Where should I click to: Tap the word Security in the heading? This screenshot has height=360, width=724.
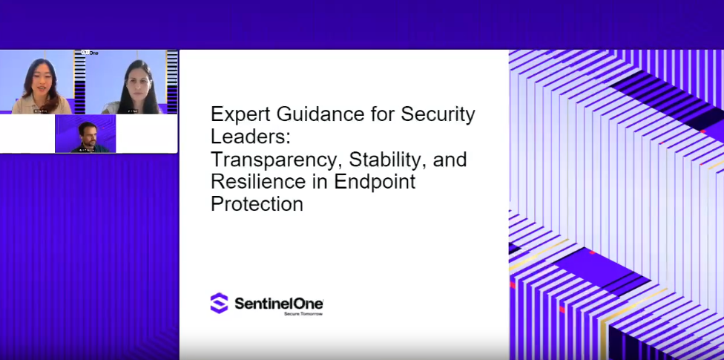point(438,114)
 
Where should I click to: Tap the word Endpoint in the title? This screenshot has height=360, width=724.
point(375,181)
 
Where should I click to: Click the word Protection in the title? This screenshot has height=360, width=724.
point(257,203)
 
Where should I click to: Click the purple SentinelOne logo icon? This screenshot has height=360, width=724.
point(219,303)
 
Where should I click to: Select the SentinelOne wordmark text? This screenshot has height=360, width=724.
point(278,303)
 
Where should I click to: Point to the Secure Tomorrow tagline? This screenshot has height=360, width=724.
point(303,314)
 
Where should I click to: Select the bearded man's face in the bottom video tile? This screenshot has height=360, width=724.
point(86,133)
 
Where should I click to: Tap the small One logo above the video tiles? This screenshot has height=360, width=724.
point(90,53)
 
